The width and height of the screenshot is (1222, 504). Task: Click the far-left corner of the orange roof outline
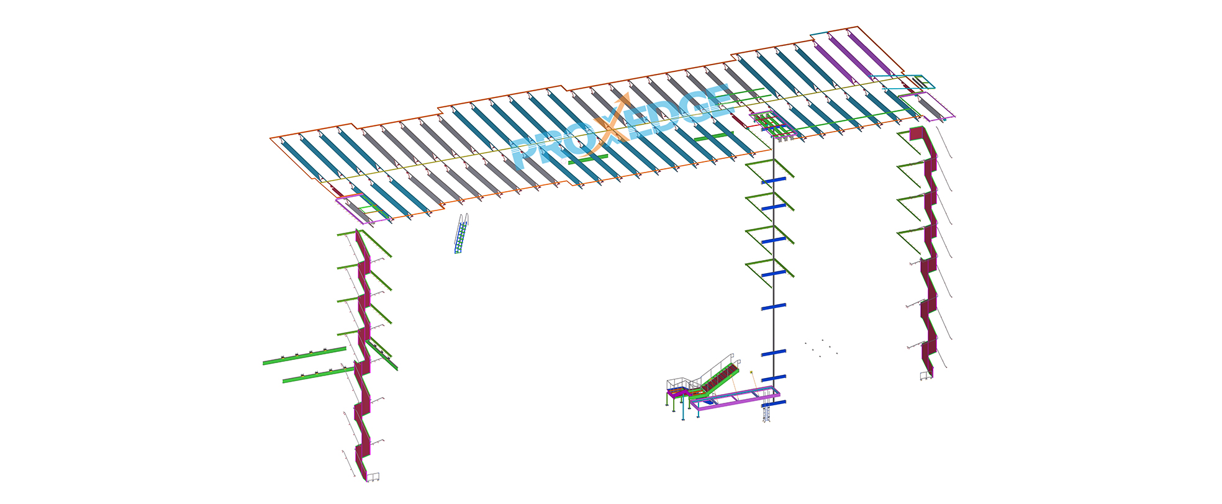(271, 138)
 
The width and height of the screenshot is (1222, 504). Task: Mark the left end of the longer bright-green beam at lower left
(264, 362)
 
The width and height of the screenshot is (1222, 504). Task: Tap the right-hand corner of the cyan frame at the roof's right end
(934, 86)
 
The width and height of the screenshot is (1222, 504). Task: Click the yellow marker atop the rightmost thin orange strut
(751, 372)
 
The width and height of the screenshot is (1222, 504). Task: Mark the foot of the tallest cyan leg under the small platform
(683, 419)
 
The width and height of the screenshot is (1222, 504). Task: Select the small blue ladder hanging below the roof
(461, 234)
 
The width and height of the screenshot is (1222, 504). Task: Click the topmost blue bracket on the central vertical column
(774, 179)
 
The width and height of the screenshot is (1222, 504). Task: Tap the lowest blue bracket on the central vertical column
(774, 403)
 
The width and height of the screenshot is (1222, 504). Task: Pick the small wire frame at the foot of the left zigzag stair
(373, 477)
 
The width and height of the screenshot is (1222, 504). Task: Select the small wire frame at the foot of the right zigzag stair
(926, 374)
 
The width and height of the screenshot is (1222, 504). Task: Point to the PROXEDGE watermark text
(621, 127)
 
